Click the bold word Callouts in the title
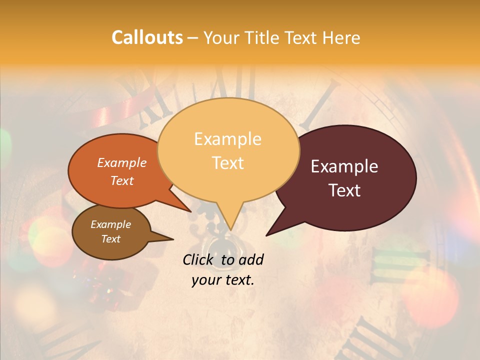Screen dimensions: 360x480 coord(147,37)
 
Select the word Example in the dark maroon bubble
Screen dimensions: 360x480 coord(344,166)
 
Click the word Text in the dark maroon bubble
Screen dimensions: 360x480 coord(344,190)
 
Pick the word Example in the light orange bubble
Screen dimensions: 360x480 coord(227,139)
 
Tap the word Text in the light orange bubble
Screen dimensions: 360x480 coord(227,163)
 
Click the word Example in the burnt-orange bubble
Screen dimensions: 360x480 coord(122,163)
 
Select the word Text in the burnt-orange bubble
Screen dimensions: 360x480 coord(122,180)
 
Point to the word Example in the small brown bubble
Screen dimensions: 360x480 coord(110,224)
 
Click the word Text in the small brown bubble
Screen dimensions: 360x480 coord(110,239)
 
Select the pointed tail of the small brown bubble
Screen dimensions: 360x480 coord(165,238)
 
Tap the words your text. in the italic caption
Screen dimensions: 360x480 coord(222,279)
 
